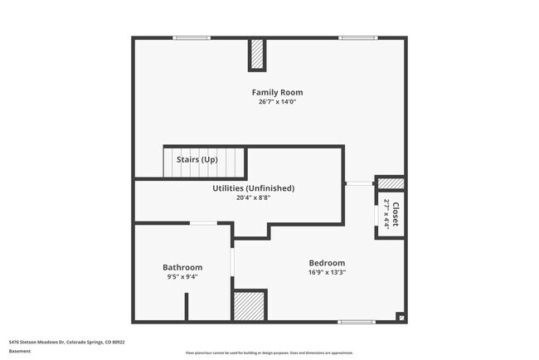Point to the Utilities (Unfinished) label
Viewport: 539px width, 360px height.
pos(253,188)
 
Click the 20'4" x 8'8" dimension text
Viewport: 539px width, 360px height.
pos(253,197)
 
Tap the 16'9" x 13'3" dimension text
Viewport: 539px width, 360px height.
pos(327,272)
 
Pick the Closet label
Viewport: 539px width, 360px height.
pos(396,215)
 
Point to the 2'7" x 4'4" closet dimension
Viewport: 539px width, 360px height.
pos(387,215)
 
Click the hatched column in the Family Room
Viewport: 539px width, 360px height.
pos(258,56)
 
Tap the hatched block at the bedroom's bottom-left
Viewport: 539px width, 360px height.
pos(249,305)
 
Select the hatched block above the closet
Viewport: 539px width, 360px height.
pos(391,183)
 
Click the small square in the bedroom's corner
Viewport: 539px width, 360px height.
pos(401,316)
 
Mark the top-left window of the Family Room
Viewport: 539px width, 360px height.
pos(192,37)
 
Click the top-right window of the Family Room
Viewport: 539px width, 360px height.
pos(357,37)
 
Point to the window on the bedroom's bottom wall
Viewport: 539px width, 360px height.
pos(357,322)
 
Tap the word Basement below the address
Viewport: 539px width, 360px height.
pos(20,351)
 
